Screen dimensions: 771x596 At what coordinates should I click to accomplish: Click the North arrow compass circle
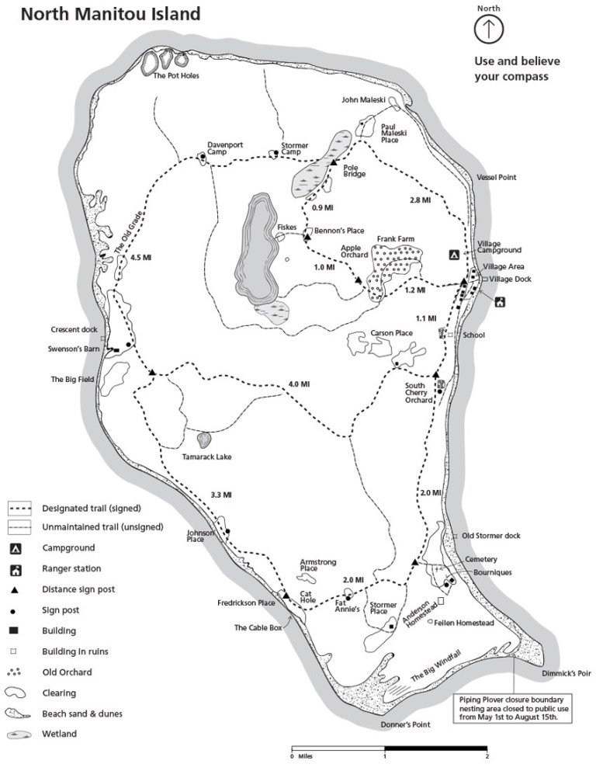[489, 28]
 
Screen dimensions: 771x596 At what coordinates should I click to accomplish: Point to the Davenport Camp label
[220, 148]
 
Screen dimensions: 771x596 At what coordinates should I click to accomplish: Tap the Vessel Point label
[497, 178]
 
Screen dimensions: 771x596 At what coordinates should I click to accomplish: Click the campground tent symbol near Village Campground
[452, 254]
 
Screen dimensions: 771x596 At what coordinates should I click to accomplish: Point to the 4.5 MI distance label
[140, 257]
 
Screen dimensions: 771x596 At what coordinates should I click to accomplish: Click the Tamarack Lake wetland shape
[204, 440]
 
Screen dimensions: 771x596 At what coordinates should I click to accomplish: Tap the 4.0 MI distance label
[299, 384]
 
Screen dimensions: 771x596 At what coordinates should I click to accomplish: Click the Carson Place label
[391, 333]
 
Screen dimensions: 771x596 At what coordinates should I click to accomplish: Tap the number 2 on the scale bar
[487, 755]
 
